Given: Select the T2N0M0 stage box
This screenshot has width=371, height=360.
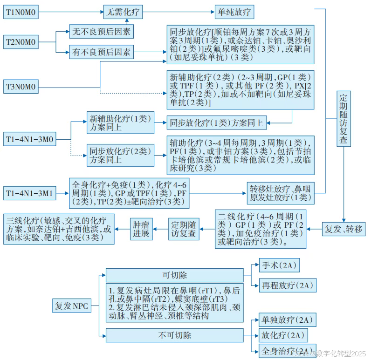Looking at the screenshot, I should tap(21, 41).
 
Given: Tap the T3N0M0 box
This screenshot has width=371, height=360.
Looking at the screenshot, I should tap(21, 86).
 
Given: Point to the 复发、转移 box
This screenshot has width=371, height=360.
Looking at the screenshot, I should tap(344, 229).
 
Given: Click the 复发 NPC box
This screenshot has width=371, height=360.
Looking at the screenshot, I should tap(71, 306).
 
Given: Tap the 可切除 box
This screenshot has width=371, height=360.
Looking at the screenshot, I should tap(174, 275).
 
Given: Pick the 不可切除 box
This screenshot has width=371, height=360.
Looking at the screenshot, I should tap(174, 335).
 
